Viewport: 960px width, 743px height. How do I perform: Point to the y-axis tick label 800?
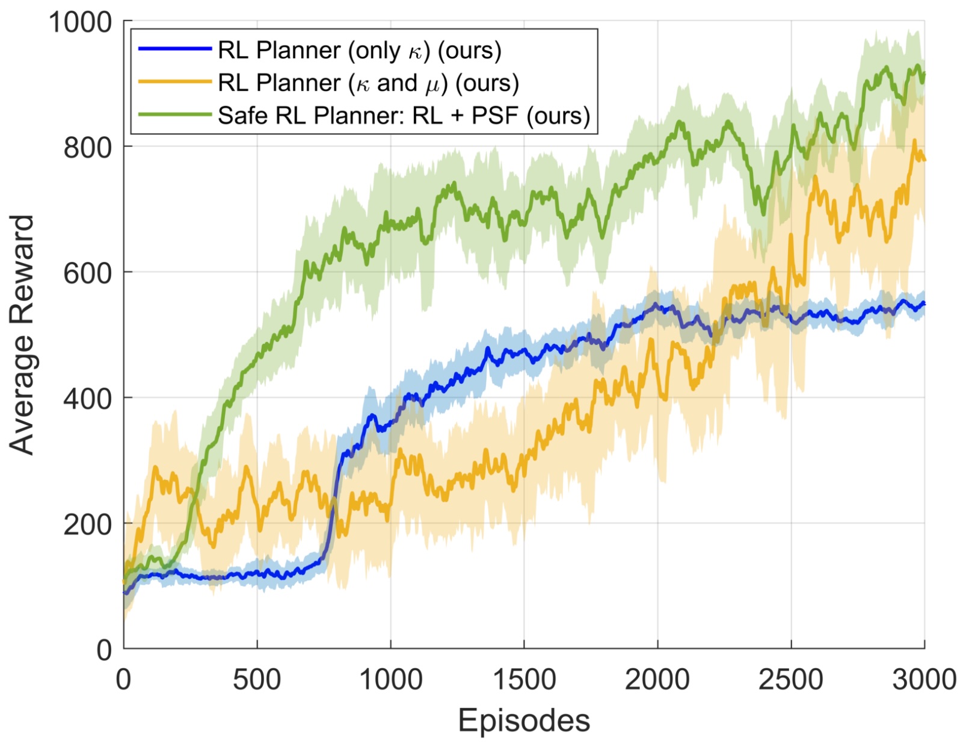88,148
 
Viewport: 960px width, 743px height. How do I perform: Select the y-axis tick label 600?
88,273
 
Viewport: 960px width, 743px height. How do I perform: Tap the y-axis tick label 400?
88,398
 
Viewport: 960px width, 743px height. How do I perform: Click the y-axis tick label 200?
88,524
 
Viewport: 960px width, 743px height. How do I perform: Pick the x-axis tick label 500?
257,680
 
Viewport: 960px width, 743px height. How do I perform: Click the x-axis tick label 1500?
524,680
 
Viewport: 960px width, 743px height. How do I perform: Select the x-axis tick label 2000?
657,680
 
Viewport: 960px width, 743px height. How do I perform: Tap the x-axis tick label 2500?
790,680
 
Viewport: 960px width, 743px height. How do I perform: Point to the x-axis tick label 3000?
924,680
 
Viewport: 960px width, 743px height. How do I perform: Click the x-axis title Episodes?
524,720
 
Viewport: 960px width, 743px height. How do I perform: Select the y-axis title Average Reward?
22,335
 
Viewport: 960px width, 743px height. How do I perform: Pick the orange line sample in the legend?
174,82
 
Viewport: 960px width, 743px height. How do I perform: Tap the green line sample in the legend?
174,114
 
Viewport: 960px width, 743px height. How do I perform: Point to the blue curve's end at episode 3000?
924,303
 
